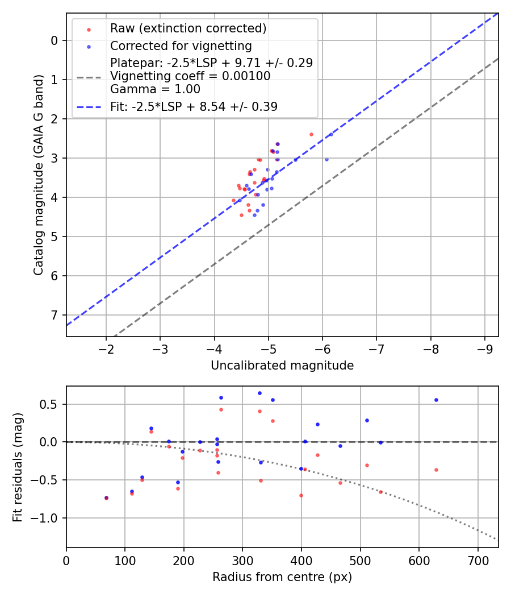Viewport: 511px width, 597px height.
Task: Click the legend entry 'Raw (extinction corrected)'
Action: coord(188,28)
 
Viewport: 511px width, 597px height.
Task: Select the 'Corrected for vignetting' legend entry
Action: coord(181,45)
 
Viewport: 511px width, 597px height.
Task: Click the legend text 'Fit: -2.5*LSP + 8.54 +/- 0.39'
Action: coord(194,106)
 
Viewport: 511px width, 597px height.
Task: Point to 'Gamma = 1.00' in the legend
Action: coord(155,89)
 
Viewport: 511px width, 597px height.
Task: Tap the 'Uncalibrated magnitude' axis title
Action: coord(282,366)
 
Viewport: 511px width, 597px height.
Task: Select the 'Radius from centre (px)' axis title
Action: coord(282,577)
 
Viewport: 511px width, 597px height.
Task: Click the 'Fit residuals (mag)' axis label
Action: coord(18,467)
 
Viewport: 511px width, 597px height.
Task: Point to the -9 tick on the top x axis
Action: coord(484,348)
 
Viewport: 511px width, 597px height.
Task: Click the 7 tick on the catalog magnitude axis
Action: coord(55,315)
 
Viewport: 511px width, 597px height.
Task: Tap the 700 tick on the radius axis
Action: coord(478,559)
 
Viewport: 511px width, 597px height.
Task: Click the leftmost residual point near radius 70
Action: coord(106,498)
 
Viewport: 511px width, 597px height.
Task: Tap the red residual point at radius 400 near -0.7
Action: coord(301,495)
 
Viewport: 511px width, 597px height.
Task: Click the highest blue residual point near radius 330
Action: coord(259,393)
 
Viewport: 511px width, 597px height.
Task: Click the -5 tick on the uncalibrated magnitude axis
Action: coord(269,348)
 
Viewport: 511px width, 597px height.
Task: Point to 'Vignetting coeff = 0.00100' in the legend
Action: coord(190,76)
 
